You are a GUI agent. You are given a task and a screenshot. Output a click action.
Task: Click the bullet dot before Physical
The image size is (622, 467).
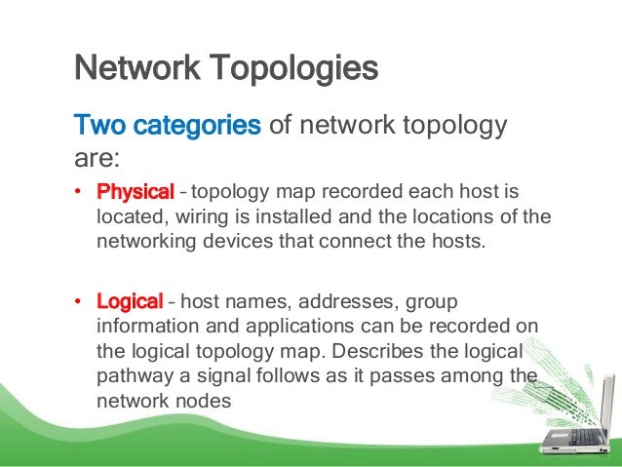click(x=79, y=189)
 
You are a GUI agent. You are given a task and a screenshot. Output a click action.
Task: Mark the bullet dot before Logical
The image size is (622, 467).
click(x=79, y=299)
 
